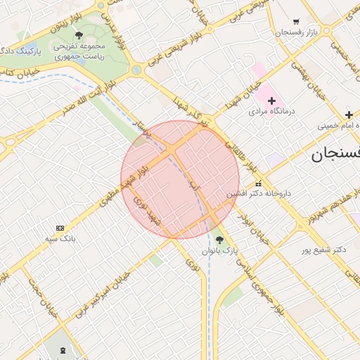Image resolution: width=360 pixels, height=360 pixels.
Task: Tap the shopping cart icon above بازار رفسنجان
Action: point(296,22)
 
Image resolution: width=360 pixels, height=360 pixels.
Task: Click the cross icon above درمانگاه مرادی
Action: point(271,101)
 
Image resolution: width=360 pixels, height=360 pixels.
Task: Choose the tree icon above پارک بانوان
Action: point(219,240)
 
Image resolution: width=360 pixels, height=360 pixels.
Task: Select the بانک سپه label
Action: point(60,238)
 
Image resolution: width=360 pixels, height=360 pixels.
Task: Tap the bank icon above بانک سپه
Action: point(60,228)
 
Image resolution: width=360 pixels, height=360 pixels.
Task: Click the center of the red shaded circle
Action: point(180,179)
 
